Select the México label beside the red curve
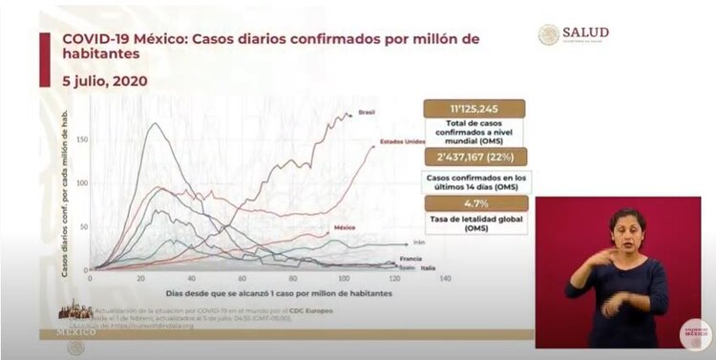pos(345,228)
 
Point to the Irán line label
pos(418,244)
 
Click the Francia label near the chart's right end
pos(411,259)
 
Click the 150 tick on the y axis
pos(80,139)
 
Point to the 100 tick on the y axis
pos(80,183)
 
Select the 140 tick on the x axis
pos(444,278)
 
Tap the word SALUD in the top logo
pos(587,32)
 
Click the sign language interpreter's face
pos(627,227)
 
